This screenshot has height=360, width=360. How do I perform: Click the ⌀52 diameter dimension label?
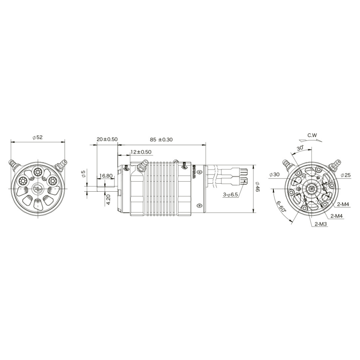pos(38,137)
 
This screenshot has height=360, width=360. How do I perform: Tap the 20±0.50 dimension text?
pos(107,139)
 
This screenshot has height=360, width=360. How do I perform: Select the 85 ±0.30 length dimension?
pos(161,139)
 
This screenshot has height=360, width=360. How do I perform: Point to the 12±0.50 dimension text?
pos(141,152)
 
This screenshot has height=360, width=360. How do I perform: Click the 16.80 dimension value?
pos(106,176)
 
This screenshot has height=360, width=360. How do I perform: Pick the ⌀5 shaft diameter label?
pos(83,174)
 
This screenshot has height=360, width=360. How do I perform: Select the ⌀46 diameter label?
pos(257,187)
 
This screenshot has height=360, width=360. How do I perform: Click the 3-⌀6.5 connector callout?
pos(230,195)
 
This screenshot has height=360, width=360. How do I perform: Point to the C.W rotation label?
pos(312,135)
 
